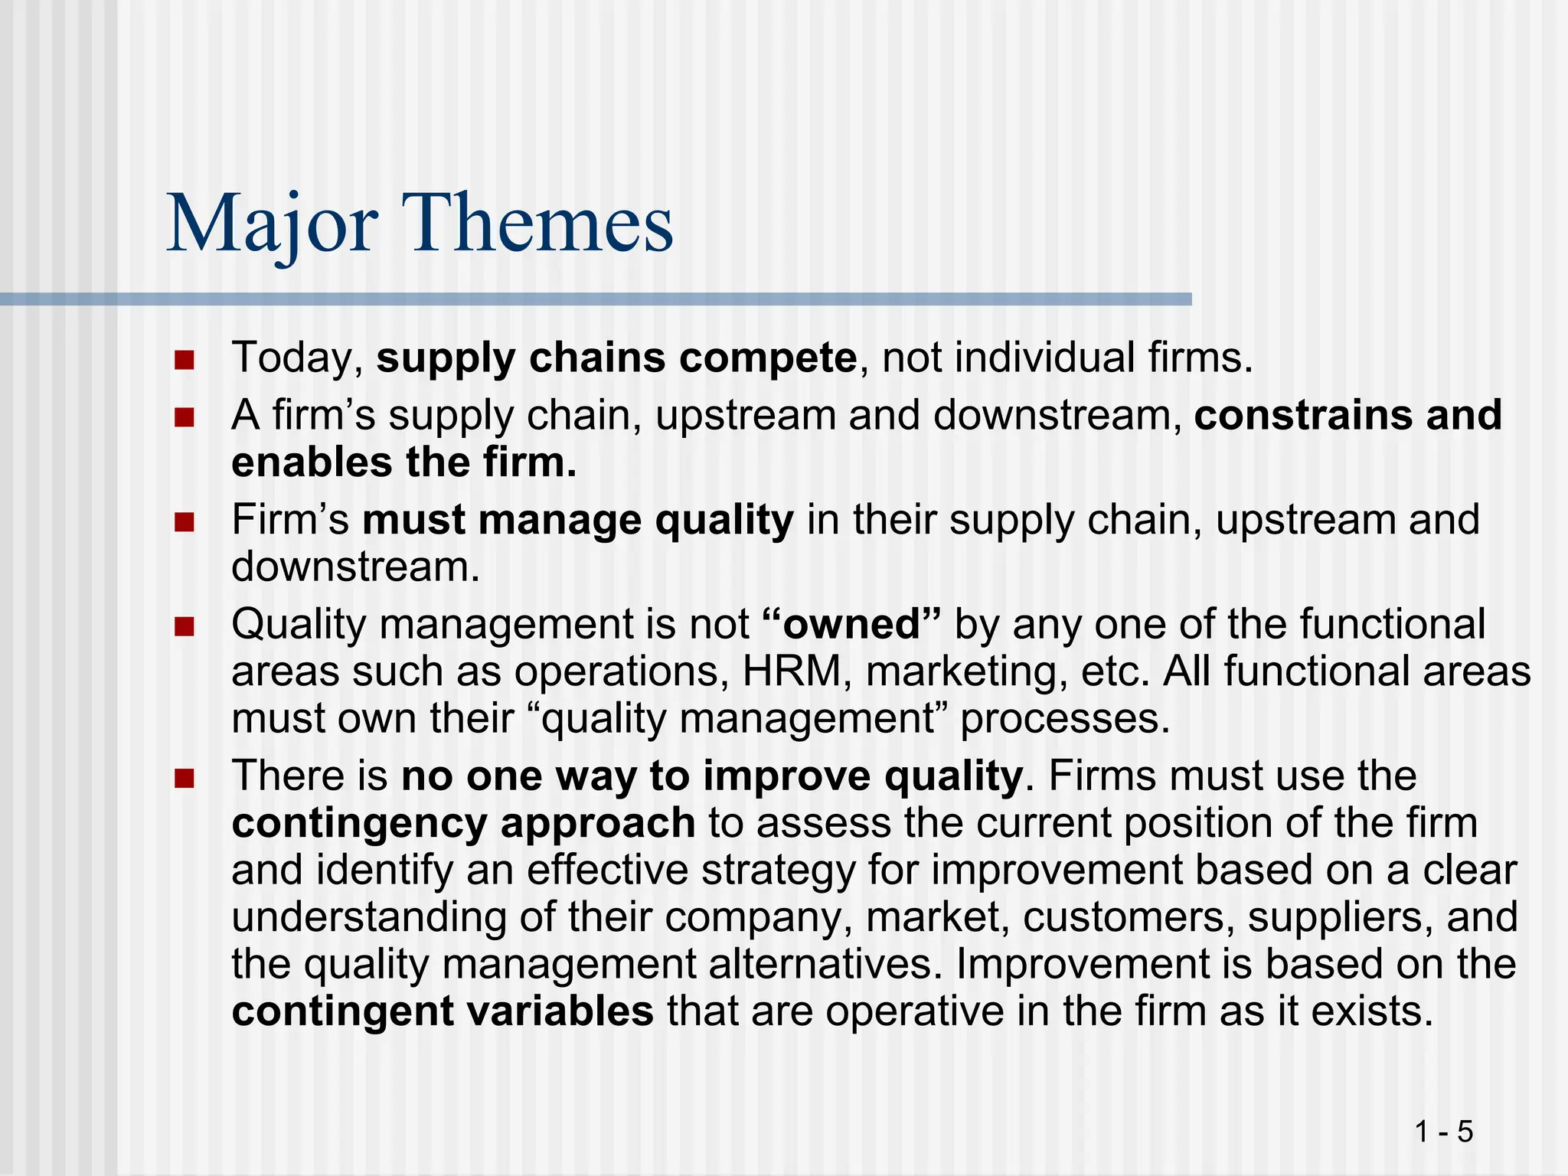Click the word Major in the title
[x=272, y=224]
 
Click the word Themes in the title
[x=541, y=224]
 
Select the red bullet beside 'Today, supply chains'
[x=184, y=360]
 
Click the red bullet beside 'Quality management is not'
[x=184, y=627]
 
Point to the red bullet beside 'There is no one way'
[x=184, y=779]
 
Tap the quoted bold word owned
[x=851, y=625]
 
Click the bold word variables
[x=560, y=1011]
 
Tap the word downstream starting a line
[x=355, y=567]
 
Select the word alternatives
[x=825, y=964]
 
